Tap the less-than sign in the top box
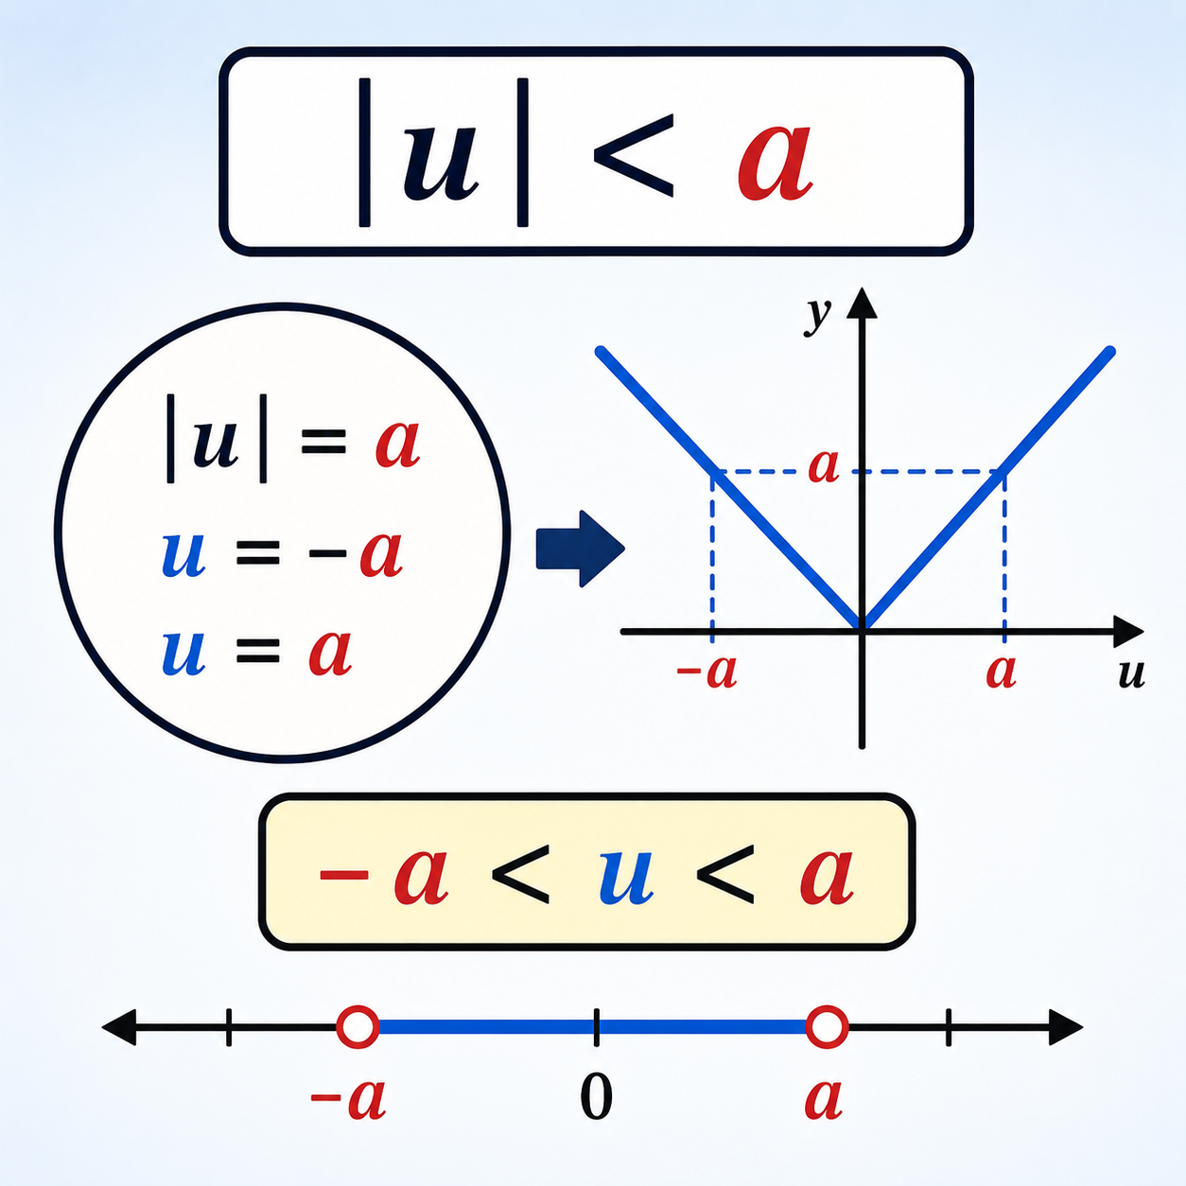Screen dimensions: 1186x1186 (x=634, y=156)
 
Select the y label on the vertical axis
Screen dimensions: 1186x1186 (x=817, y=317)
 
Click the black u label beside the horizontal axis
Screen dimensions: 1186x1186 (x=1131, y=673)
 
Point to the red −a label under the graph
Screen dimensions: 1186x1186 (x=706, y=671)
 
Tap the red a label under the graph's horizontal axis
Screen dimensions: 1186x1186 (x=1001, y=671)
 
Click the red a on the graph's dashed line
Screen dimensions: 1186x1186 (x=824, y=466)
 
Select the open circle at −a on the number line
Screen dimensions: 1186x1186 (x=358, y=1026)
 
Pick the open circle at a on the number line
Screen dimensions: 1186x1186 (x=828, y=1026)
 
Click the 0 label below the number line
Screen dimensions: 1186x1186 (x=597, y=1097)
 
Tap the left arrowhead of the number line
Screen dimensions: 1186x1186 (x=119, y=1026)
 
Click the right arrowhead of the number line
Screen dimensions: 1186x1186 (x=1066, y=1026)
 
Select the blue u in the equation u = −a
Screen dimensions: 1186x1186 (x=183, y=554)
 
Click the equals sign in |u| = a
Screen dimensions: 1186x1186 (x=323, y=442)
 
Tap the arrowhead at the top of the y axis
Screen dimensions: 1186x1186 (x=862, y=303)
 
